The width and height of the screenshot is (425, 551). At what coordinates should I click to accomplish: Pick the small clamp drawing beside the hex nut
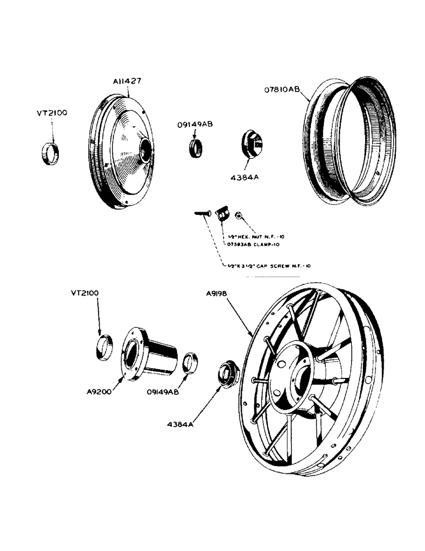tap(222, 213)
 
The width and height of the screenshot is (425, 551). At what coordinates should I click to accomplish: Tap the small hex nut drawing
tap(239, 215)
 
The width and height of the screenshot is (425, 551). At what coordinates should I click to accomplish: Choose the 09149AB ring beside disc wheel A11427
tap(195, 148)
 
